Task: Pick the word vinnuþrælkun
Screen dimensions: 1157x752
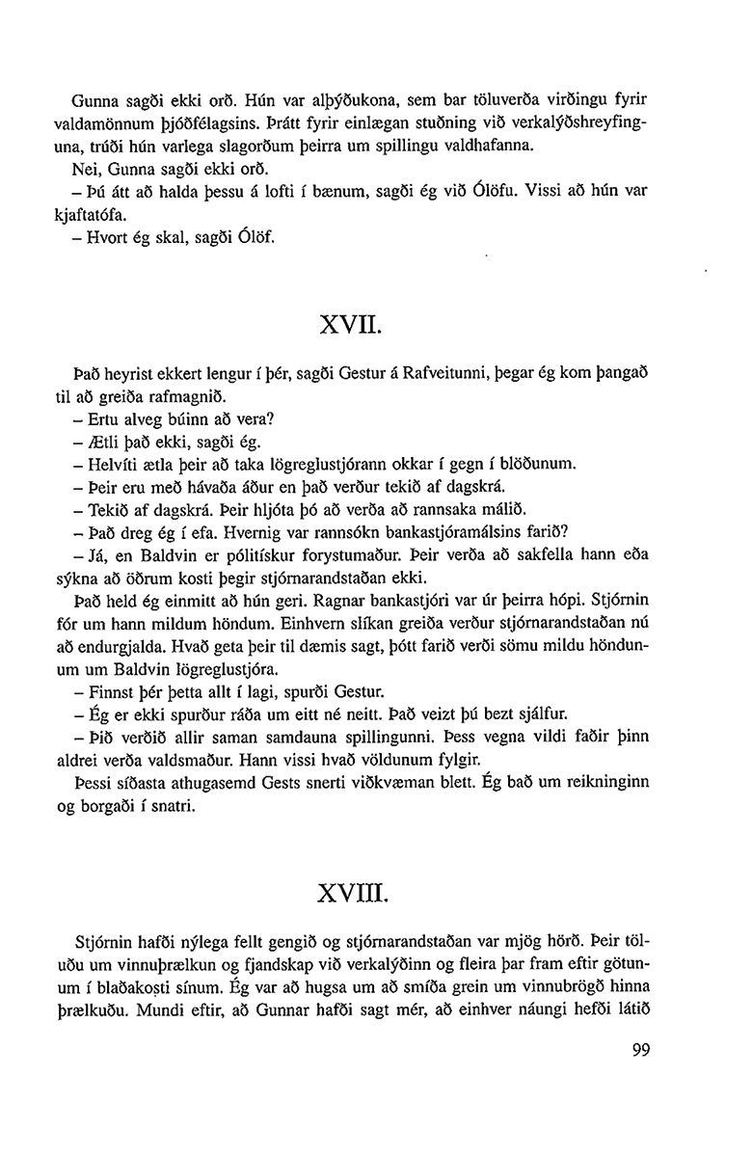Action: point(151,961)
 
